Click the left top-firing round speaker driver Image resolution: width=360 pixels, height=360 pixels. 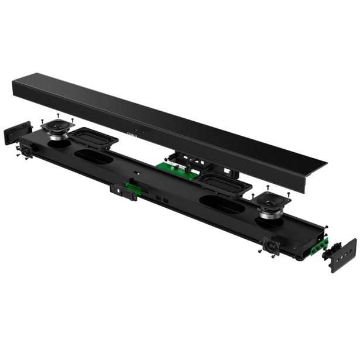point(57,127)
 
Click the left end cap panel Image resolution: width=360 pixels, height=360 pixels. point(18,133)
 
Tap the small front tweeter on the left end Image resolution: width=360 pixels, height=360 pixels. point(27,151)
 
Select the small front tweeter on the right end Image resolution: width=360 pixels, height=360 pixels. point(271,245)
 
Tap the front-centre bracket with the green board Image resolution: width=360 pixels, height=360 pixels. point(125,191)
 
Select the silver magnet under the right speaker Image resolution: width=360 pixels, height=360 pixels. point(269,214)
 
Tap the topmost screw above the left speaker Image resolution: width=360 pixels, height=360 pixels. point(58,114)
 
